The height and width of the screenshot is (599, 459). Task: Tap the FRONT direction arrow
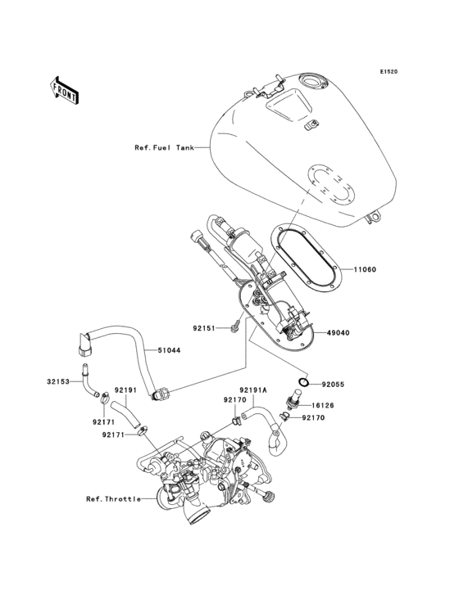pyautogui.click(x=65, y=90)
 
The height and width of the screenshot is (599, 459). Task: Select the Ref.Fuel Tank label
pyautogui.click(x=164, y=148)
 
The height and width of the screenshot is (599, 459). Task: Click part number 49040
pyautogui.click(x=362, y=333)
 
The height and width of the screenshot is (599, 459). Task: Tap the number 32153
pyautogui.click(x=60, y=381)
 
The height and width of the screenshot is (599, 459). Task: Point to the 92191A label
pyautogui.click(x=255, y=390)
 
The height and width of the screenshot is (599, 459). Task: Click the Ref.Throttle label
pyautogui.click(x=112, y=498)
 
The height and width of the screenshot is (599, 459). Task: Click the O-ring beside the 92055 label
pyautogui.click(x=303, y=382)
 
